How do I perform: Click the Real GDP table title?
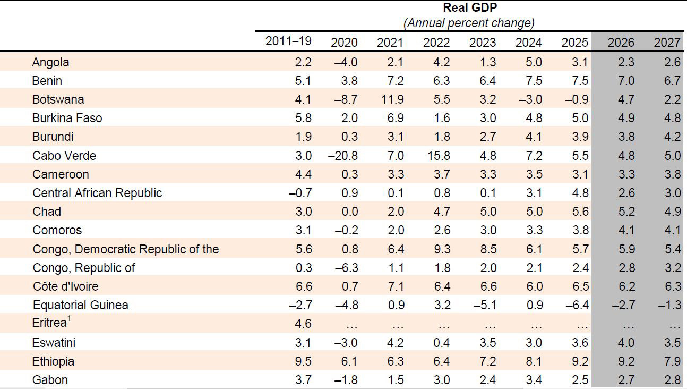tap(469, 8)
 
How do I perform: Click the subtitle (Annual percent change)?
tap(469, 23)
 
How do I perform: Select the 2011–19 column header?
tap(288, 41)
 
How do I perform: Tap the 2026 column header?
tap(621, 43)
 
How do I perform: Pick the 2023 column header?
tap(483, 43)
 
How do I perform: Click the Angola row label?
tap(50, 62)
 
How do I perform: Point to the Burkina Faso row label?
tap(67, 118)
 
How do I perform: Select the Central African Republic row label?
tap(97, 193)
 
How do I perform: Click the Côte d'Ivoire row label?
tap(65, 286)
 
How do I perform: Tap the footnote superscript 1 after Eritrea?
tap(69, 319)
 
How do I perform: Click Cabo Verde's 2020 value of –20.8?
tap(342, 156)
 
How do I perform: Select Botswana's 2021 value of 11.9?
tap(392, 99)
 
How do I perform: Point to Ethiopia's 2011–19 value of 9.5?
tap(303, 361)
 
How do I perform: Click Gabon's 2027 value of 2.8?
tap(672, 380)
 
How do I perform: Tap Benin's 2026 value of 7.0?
tap(626, 81)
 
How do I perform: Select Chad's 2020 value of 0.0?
tap(349, 212)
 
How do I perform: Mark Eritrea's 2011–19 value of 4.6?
tap(303, 324)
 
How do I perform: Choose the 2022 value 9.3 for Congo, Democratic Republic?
tap(442, 249)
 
